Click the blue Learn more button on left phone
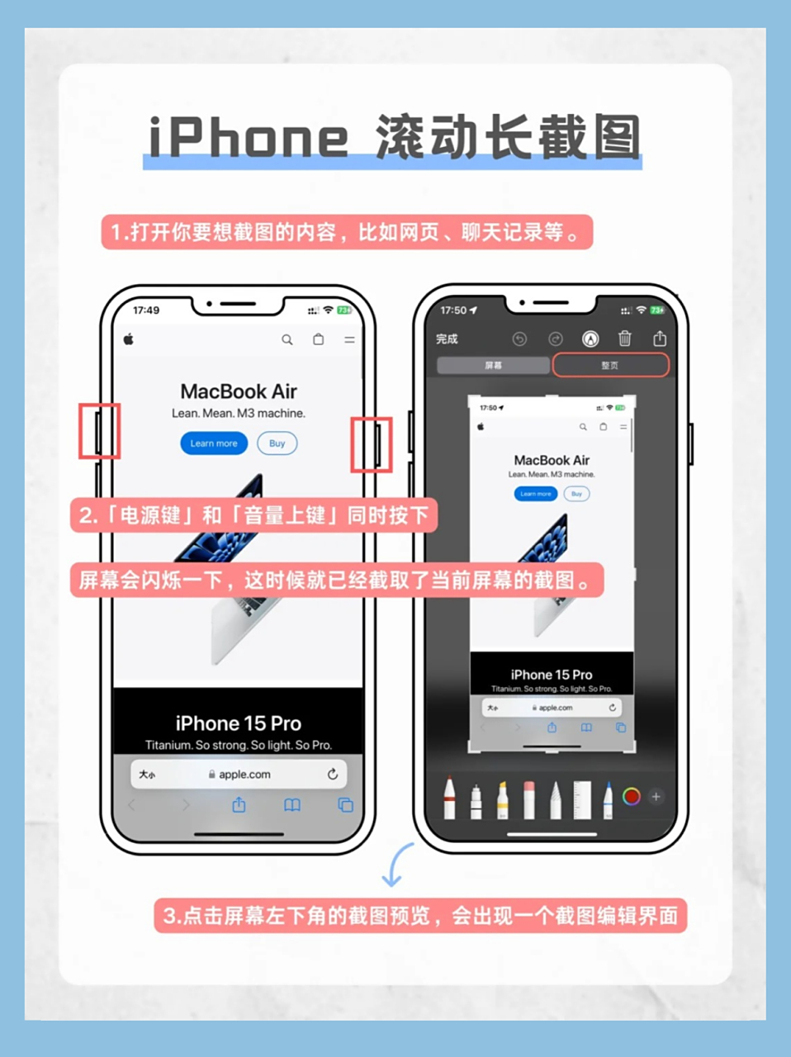pyautogui.click(x=214, y=443)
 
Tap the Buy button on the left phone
pyautogui.click(x=277, y=443)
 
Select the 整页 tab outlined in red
pyautogui.click(x=610, y=365)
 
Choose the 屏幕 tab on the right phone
pyautogui.click(x=493, y=365)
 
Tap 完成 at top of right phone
pyautogui.click(x=447, y=339)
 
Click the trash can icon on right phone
pyautogui.click(x=625, y=339)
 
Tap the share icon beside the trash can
pyautogui.click(x=660, y=339)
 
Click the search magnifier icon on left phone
pyautogui.click(x=287, y=339)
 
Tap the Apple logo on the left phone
pyautogui.click(x=129, y=339)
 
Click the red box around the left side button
pyautogui.click(x=100, y=431)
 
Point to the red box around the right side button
pyautogui.click(x=372, y=444)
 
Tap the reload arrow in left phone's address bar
pyautogui.click(x=332, y=775)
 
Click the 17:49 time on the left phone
pyautogui.click(x=146, y=310)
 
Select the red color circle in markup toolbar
pyautogui.click(x=631, y=797)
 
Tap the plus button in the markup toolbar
pyautogui.click(x=656, y=797)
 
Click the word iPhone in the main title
pyautogui.click(x=248, y=137)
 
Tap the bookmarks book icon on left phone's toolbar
pyautogui.click(x=292, y=805)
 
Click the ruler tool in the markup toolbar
pyautogui.click(x=582, y=799)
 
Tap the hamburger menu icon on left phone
pyautogui.click(x=350, y=339)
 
